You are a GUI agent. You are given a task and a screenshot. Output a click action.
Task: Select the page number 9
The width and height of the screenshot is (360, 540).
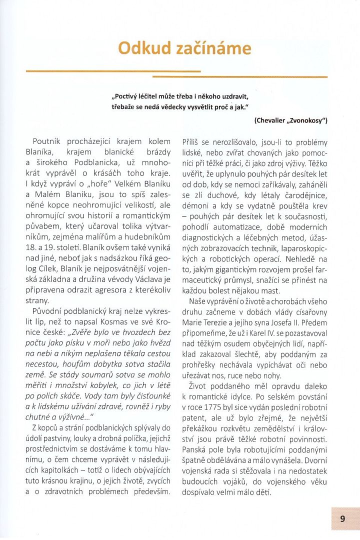343,518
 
